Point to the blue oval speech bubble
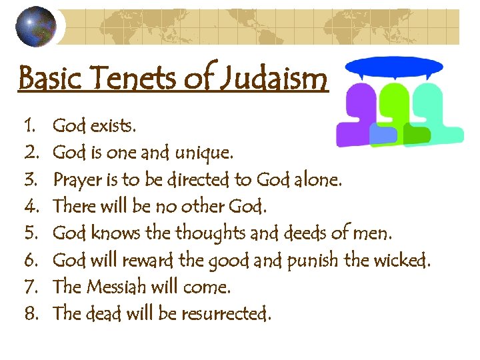(395, 67)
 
